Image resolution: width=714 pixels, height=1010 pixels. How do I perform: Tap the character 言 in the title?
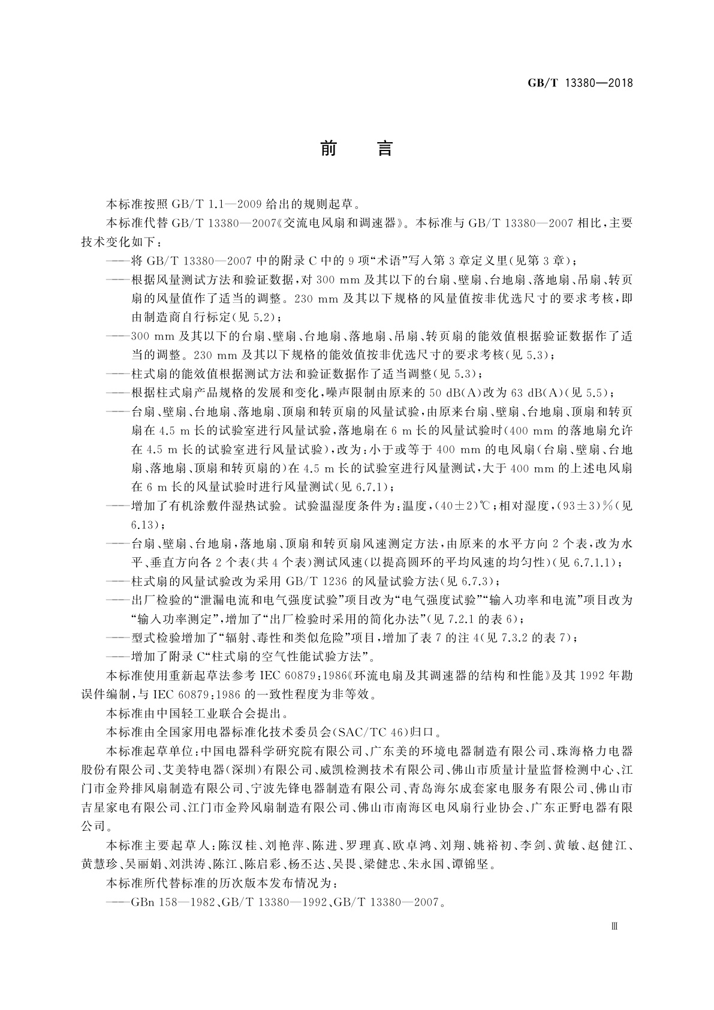(384, 148)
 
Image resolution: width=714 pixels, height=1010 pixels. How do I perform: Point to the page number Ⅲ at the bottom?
(613, 925)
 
